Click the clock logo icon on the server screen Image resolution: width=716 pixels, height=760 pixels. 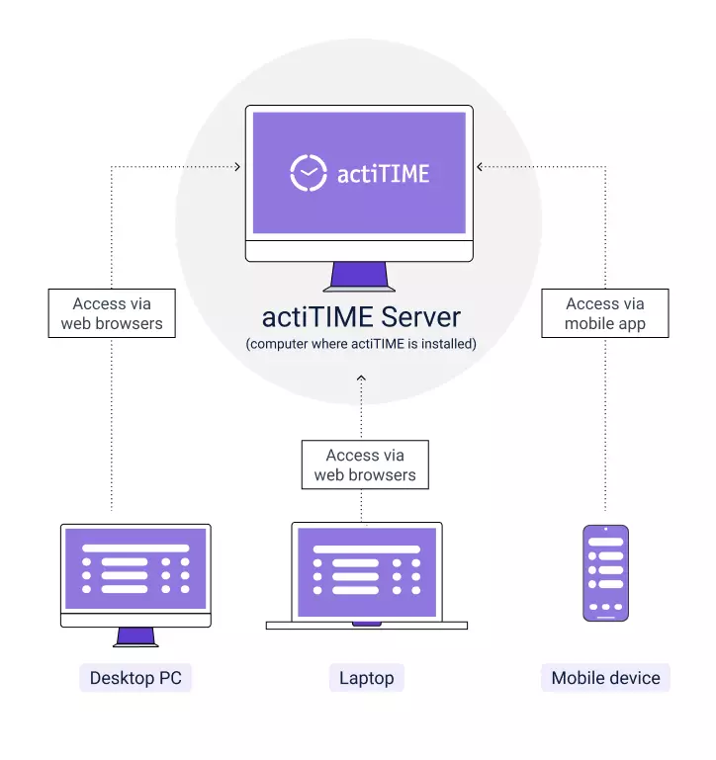point(309,173)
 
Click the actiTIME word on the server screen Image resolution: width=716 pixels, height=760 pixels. point(384,174)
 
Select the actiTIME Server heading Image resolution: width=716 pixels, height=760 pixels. point(361,316)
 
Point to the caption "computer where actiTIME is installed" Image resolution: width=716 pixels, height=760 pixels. point(361,344)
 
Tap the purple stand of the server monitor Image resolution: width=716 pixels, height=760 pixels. point(358,276)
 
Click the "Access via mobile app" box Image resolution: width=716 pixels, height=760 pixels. point(605,313)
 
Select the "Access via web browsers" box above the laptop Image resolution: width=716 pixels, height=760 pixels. point(365,464)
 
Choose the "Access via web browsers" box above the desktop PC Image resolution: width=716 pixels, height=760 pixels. point(112,313)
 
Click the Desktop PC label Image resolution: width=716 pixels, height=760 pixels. point(134,678)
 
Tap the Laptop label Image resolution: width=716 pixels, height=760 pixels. point(367,678)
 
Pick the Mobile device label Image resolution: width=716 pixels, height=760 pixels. point(605,678)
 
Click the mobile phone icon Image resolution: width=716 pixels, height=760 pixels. point(605,572)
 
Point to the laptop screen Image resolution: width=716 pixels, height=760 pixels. point(367,571)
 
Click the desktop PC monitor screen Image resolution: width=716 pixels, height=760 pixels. point(135,568)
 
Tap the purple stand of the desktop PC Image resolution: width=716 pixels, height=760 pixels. point(135,636)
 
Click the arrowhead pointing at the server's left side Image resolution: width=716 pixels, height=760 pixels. point(237,167)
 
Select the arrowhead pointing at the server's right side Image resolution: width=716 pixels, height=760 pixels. point(480,167)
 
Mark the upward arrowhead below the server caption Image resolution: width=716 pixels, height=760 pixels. point(361,378)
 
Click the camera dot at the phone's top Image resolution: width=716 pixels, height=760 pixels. point(605,530)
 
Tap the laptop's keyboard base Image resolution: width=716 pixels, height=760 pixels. point(367,626)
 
